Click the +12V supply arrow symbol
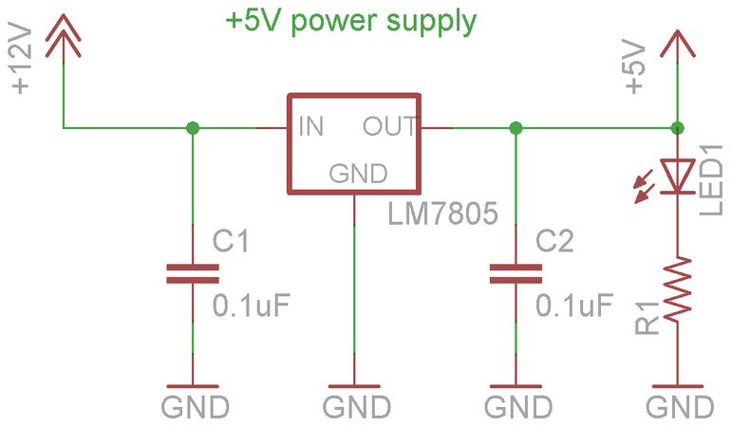(x=63, y=36)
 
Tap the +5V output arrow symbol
(x=678, y=45)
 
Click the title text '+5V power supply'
(x=351, y=22)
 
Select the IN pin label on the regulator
(x=311, y=126)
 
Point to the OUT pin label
(x=390, y=126)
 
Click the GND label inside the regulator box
(x=358, y=174)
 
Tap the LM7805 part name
(x=443, y=213)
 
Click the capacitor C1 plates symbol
(x=193, y=273)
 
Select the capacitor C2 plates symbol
(x=515, y=273)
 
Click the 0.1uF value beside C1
(x=252, y=306)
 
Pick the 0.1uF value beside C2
(x=574, y=306)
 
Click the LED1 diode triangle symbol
(x=678, y=176)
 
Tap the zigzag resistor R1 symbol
(x=678, y=288)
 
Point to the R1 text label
(x=647, y=318)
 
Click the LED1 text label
(x=711, y=180)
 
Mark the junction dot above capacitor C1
(x=193, y=128)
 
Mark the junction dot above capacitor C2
(x=515, y=128)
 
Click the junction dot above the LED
(x=678, y=128)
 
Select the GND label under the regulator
(x=357, y=407)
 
